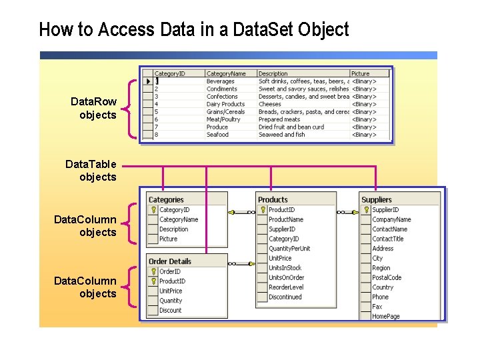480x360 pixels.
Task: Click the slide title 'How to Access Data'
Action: click(x=193, y=30)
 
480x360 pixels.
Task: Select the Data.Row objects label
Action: click(x=94, y=108)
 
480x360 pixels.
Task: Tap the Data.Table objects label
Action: click(x=91, y=170)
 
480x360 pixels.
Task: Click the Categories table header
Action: click(x=166, y=199)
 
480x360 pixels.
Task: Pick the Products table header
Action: click(x=273, y=199)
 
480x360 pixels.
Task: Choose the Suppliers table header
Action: click(x=377, y=199)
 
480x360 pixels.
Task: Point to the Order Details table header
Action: click(x=170, y=261)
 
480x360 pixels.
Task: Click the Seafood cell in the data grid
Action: click(x=217, y=135)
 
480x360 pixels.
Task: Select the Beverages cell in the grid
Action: click(x=221, y=81)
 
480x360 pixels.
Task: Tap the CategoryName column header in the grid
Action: click(x=226, y=73)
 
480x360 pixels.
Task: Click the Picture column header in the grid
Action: click(x=361, y=73)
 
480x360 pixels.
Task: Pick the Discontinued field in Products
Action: click(x=285, y=297)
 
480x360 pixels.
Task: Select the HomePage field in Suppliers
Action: click(x=386, y=317)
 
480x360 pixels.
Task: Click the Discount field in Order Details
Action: click(x=171, y=311)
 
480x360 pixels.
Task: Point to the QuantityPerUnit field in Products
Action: click(x=289, y=249)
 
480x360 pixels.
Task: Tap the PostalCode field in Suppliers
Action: click(x=387, y=278)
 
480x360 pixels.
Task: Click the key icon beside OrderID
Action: click(x=153, y=272)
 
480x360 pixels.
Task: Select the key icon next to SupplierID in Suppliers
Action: click(x=366, y=210)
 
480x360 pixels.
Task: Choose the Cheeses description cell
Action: click(x=270, y=104)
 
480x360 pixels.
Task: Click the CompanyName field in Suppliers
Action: click(x=391, y=219)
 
